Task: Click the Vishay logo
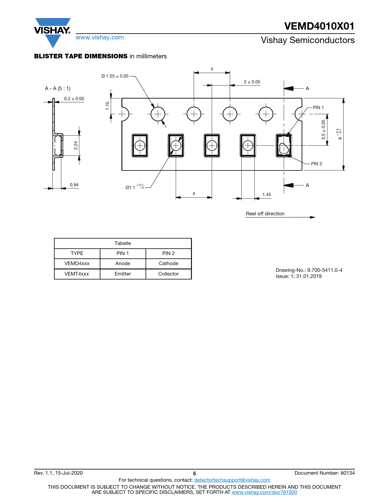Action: tap(52, 33)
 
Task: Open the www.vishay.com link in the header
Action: tap(100, 37)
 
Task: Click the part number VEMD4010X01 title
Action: tap(319, 26)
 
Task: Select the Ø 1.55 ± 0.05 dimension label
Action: tap(115, 76)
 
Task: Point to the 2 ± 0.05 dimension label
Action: tap(252, 82)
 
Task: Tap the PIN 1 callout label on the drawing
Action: tap(318, 108)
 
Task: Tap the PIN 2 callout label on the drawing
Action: tap(316, 163)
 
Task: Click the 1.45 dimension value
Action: tap(266, 194)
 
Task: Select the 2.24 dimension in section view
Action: tap(76, 145)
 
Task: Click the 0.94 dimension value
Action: tap(74, 184)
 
